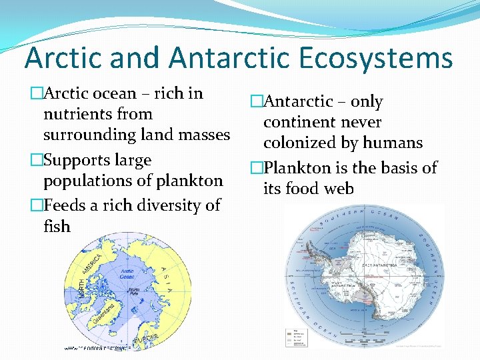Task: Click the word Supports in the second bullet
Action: coord(74,161)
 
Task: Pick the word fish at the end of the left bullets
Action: coord(57,227)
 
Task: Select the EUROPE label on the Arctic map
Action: coord(147,339)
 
